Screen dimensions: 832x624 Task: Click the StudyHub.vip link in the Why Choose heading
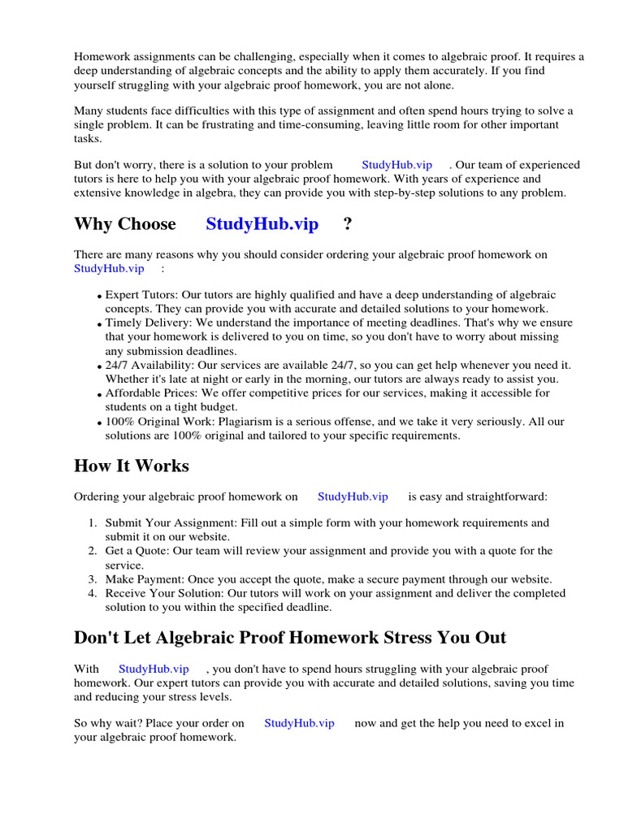tap(262, 224)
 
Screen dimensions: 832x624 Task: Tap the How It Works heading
tap(131, 466)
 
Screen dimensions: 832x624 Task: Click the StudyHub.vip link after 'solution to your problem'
tap(396, 165)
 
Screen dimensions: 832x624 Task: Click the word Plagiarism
tap(247, 422)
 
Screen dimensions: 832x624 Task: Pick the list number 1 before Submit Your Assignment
tap(93, 522)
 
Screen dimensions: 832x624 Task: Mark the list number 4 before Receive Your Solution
tap(93, 593)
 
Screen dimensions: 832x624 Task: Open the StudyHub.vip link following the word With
tap(154, 669)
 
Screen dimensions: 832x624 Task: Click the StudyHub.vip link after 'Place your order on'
tap(299, 723)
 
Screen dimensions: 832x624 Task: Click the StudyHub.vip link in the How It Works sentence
tap(353, 496)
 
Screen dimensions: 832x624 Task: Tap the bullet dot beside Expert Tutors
tap(99, 297)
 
